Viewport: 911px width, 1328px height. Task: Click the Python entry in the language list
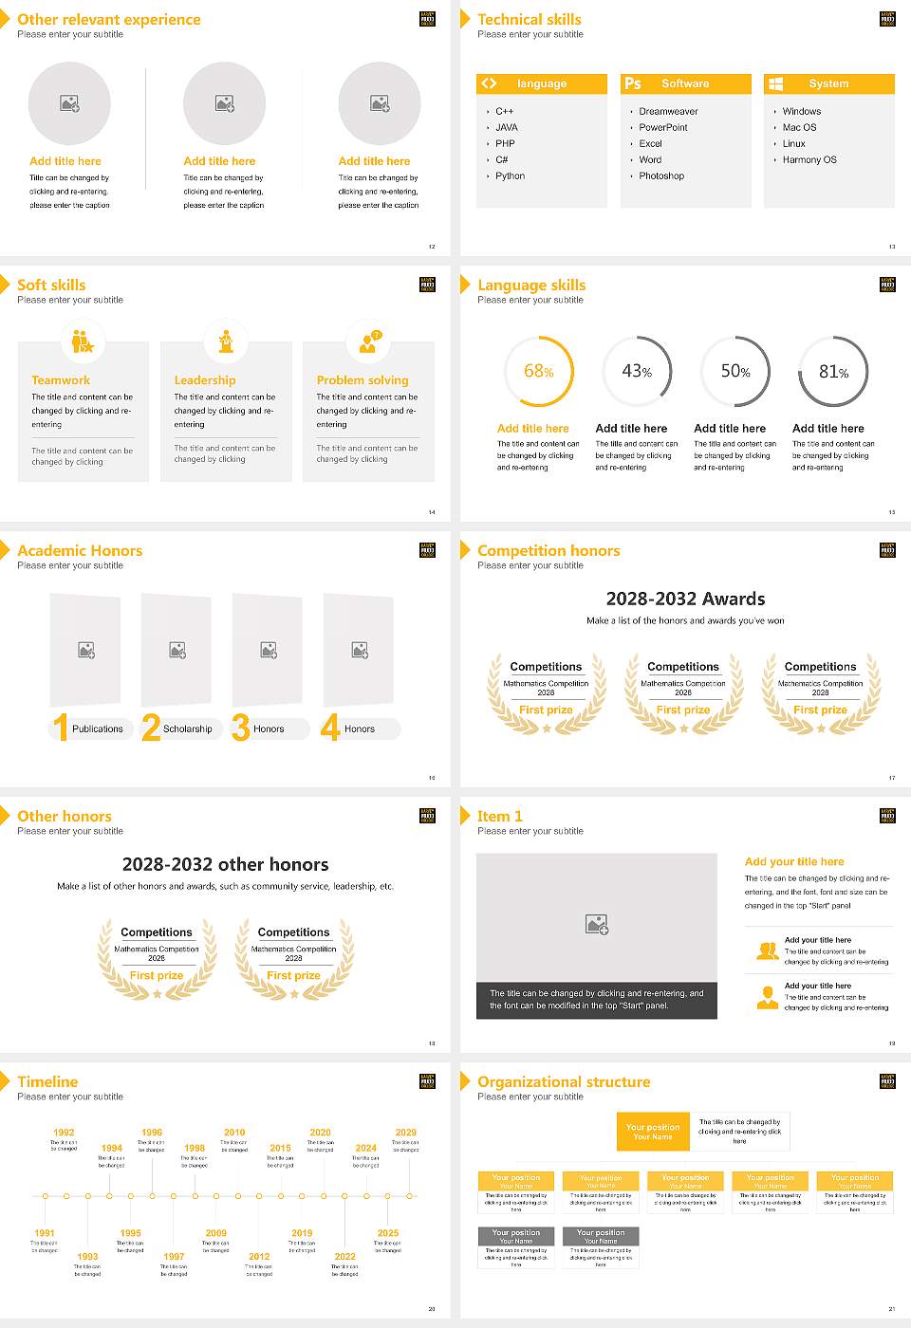coord(510,176)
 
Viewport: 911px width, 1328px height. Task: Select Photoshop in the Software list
coord(660,176)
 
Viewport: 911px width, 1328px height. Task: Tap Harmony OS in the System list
coord(809,160)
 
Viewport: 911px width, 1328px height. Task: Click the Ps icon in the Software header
coord(633,83)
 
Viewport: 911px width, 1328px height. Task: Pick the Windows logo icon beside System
coord(775,83)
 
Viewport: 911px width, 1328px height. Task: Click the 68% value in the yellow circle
coord(538,372)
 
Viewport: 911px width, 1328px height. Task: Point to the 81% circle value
coord(833,372)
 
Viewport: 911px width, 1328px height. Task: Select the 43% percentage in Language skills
coord(637,372)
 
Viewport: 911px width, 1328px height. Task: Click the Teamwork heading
coord(61,380)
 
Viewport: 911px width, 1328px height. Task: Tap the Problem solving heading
coord(363,380)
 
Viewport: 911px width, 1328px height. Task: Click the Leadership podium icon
coord(226,341)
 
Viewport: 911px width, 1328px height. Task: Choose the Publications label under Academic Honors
coord(97,729)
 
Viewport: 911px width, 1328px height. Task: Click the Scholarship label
coord(187,729)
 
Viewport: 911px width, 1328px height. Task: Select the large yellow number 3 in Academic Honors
coord(241,728)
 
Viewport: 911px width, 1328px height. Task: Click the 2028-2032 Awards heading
coord(685,599)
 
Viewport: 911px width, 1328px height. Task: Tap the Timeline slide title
coord(47,1082)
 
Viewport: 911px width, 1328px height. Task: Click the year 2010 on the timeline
coord(234,1133)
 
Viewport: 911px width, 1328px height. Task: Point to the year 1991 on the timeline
coord(45,1234)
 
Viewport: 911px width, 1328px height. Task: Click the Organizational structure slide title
coord(564,1082)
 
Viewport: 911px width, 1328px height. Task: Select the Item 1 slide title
coord(499,817)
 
